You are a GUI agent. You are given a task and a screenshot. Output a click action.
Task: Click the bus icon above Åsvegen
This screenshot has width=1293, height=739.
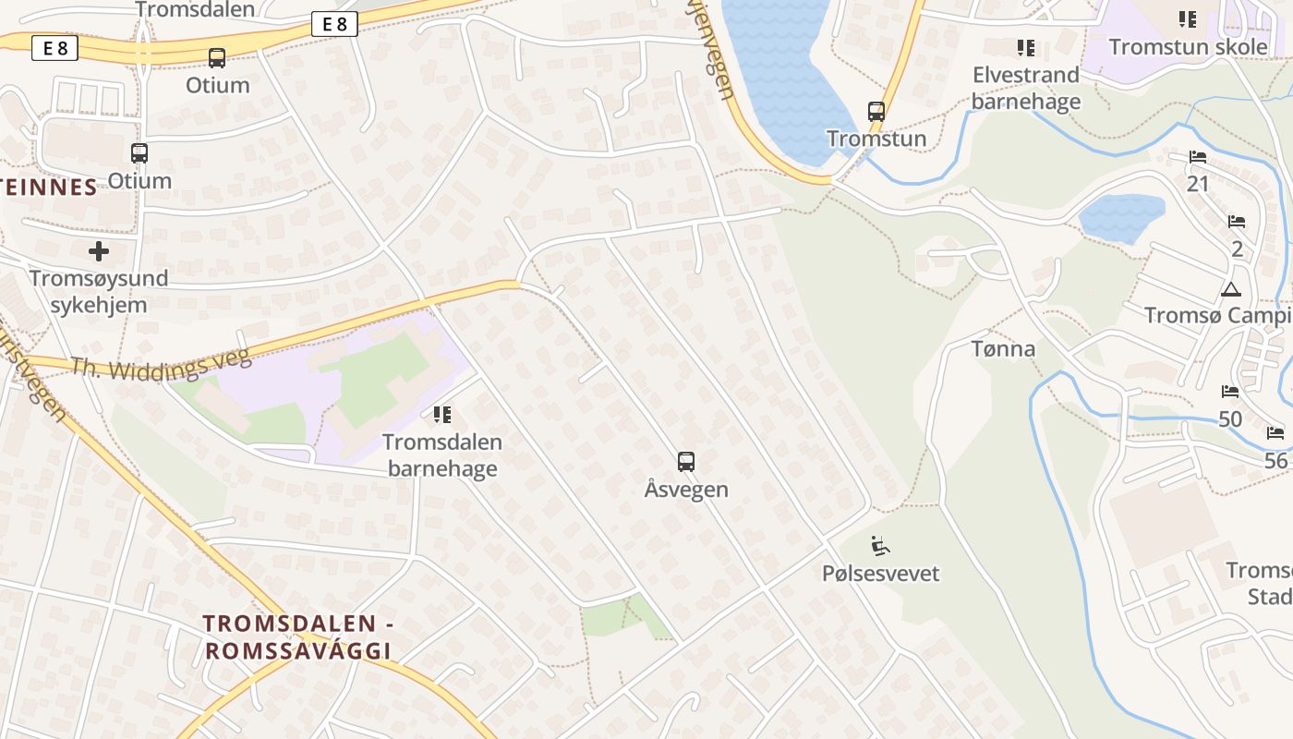tap(685, 461)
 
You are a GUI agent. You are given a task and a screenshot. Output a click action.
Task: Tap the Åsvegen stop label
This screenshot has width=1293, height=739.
tap(686, 490)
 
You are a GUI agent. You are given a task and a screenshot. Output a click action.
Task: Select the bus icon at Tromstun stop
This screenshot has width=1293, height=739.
tap(876, 112)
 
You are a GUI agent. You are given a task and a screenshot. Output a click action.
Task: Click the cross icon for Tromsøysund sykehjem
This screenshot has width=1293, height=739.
tap(99, 250)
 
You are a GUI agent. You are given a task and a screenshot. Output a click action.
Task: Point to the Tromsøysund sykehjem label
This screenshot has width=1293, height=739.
tap(99, 291)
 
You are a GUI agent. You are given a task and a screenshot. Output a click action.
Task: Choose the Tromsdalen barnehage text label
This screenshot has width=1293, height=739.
tap(442, 455)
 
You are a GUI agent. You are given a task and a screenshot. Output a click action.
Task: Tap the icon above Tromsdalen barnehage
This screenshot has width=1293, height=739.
tap(442, 415)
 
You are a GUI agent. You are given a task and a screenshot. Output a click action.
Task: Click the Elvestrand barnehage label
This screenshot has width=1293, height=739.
tap(1025, 88)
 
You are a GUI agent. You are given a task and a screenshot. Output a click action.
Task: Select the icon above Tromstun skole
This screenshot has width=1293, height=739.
tap(1187, 18)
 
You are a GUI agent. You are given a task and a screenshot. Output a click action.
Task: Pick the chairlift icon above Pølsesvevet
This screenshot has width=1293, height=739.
tap(880, 546)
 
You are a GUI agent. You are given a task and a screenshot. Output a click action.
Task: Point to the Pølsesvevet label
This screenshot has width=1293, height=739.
tap(880, 574)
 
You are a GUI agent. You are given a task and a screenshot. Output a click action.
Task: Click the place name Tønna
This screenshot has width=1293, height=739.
tap(1003, 349)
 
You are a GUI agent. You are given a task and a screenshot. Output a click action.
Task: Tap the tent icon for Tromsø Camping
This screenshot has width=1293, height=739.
tap(1230, 289)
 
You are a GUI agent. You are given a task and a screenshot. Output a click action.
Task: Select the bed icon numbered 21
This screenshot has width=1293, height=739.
tap(1198, 157)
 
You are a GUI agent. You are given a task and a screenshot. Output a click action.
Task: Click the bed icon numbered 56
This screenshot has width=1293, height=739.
tap(1275, 432)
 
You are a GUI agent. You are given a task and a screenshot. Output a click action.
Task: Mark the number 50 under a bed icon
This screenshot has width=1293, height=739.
tap(1230, 419)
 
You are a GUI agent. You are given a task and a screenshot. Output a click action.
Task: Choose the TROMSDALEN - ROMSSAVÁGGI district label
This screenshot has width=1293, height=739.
tap(298, 637)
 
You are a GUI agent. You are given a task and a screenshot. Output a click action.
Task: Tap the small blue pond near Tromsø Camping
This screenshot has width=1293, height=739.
tap(1120, 216)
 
